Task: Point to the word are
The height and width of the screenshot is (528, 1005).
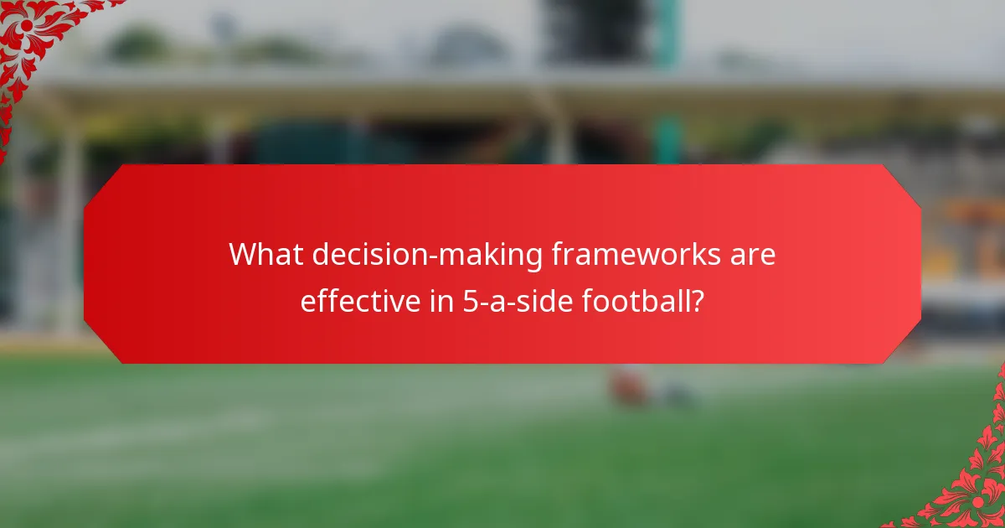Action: [753, 255]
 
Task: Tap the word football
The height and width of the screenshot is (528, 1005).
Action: [636, 300]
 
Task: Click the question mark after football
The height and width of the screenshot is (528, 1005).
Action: [696, 300]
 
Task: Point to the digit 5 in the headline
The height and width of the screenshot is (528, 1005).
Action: [470, 300]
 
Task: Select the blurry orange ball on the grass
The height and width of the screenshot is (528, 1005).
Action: [628, 388]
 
